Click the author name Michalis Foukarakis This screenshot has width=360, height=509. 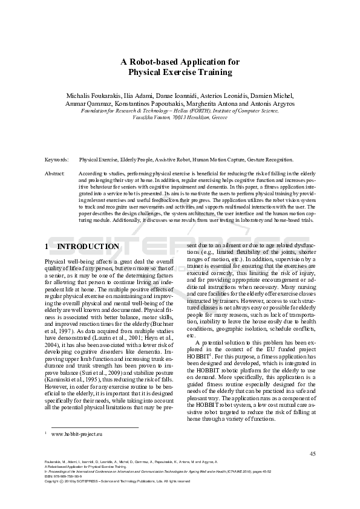[x=93, y=96]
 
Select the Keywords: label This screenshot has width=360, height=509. [x=56, y=160]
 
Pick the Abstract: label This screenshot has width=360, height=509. [x=55, y=173]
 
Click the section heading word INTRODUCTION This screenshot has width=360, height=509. [x=88, y=247]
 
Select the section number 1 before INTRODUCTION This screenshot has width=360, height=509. [x=47, y=247]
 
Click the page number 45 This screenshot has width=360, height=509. [x=312, y=453]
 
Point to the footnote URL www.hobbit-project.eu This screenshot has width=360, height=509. [x=77, y=434]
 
